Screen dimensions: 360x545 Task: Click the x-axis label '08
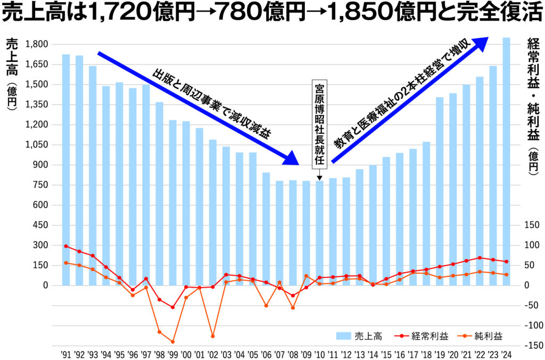(292, 354)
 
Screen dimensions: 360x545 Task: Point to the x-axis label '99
(172, 354)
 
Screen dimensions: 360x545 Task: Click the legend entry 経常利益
(423, 336)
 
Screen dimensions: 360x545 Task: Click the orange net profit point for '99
(172, 342)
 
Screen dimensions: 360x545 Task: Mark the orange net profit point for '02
(212, 336)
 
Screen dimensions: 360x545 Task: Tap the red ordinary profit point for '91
(66, 246)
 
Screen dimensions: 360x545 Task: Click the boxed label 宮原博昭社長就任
(319, 125)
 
